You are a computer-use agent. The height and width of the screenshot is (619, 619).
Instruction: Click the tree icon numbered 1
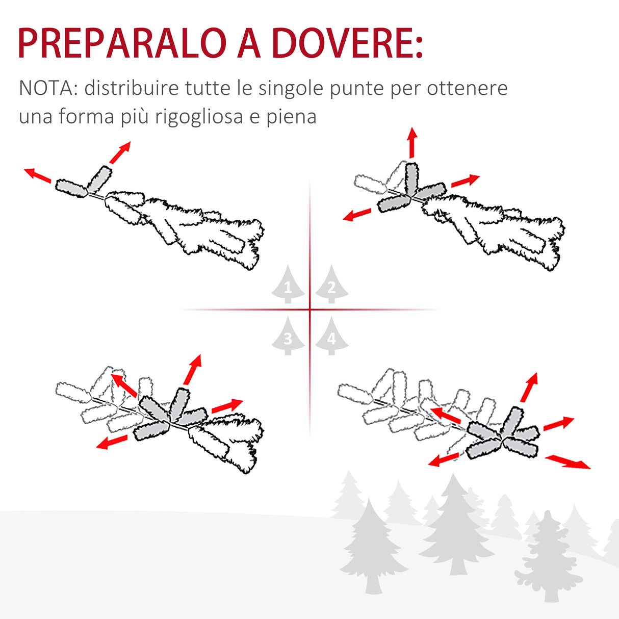288,285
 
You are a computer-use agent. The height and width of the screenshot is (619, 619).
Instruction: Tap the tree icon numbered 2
332,285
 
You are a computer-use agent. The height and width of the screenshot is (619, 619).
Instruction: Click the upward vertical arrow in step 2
412,143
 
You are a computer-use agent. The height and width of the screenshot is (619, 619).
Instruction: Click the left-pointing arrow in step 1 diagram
38,175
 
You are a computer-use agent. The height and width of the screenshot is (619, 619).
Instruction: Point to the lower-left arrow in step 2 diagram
357,215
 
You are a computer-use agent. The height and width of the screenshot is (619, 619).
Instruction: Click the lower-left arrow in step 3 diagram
112,442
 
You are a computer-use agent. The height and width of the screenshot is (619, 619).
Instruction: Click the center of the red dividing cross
310,310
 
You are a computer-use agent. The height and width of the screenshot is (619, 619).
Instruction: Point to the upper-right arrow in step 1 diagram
120,152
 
